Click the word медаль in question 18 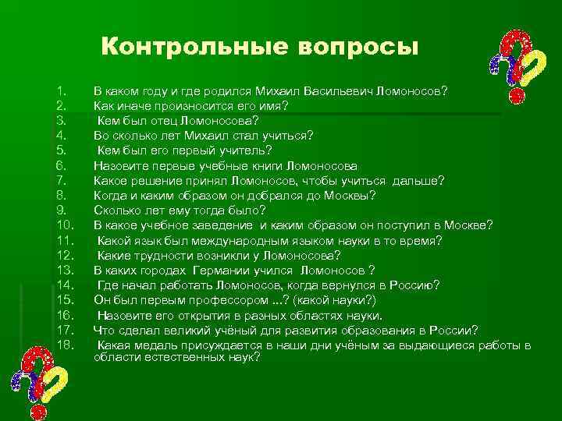pos(161,345)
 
